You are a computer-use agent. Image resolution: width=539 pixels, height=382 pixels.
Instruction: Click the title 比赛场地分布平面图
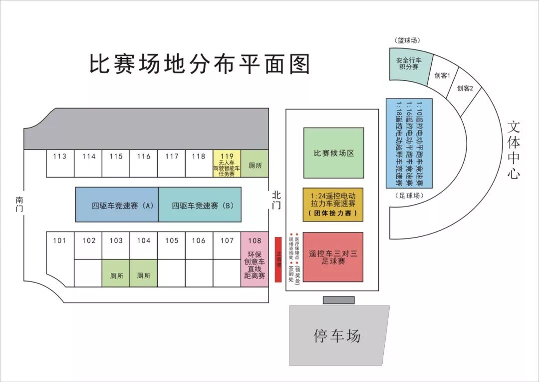point(200,64)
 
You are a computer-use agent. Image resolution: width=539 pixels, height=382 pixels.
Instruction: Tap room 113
point(60,162)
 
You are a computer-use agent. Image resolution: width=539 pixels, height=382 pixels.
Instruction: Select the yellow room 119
point(227,163)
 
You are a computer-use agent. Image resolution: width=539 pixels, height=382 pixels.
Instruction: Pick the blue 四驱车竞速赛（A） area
point(117,204)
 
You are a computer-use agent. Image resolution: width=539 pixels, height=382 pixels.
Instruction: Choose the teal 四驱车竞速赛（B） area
point(200,204)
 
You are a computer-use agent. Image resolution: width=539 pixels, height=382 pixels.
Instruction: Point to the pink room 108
point(255,259)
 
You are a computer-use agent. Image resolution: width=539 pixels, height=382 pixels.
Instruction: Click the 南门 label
point(19,204)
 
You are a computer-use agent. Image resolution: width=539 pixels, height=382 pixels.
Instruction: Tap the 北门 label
point(277,199)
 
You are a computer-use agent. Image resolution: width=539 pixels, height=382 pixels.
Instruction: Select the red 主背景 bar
point(278,259)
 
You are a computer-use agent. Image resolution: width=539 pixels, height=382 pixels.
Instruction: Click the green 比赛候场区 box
point(333,152)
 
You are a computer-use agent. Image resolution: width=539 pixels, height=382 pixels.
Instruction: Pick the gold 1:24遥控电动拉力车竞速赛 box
point(333,204)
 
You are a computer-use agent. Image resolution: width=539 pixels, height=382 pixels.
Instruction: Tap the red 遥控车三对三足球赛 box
point(333,256)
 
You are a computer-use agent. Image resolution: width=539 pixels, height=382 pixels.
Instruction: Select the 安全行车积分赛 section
point(408,64)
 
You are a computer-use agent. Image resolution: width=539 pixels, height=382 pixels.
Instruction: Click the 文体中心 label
point(514,150)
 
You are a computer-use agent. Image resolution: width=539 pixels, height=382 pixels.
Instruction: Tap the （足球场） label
point(409,195)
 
